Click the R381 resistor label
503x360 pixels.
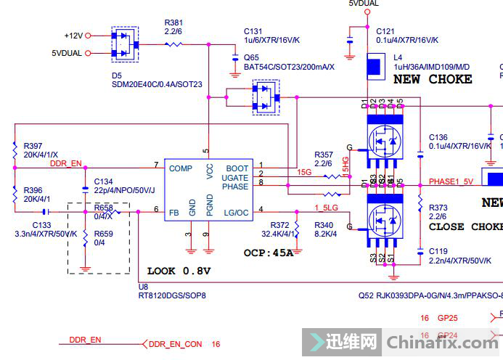point(173,22)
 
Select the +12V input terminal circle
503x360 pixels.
point(89,36)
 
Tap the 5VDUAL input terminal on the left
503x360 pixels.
point(89,53)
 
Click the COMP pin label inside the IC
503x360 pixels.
point(181,169)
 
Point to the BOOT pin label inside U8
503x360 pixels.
point(237,169)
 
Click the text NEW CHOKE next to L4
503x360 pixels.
point(433,79)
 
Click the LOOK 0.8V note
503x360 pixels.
point(179,271)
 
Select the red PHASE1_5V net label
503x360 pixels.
point(451,181)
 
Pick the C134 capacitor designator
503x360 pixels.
point(104,181)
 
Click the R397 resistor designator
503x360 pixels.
point(33,146)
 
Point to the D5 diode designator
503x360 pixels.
point(117,75)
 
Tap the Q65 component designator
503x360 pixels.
point(251,57)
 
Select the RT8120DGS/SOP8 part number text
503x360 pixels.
point(172,296)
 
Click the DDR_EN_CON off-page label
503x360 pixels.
point(175,344)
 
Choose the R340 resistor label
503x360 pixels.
point(324,225)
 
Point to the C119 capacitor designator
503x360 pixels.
point(438,252)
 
